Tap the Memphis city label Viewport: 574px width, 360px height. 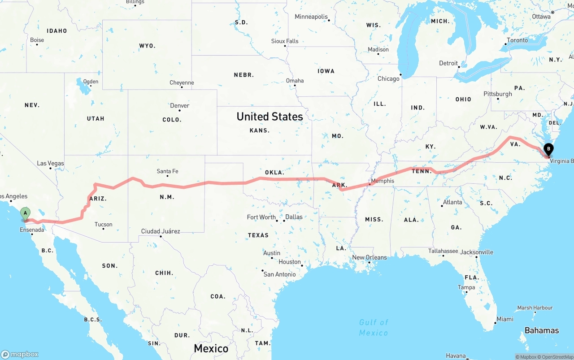click(x=383, y=181)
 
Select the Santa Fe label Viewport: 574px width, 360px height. click(x=167, y=171)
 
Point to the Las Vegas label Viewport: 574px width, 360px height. click(x=50, y=164)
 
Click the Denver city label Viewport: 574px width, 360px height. click(x=179, y=106)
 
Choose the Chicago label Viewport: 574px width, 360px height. click(x=388, y=79)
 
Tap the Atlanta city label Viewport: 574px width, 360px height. click(x=452, y=202)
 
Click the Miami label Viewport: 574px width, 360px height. click(x=504, y=319)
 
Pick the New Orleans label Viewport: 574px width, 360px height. click(x=369, y=257)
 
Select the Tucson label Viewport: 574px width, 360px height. click(x=103, y=225)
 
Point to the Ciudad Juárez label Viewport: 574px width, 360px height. click(x=161, y=231)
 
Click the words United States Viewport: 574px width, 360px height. click(x=270, y=117)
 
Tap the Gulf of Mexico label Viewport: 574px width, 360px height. click(x=374, y=327)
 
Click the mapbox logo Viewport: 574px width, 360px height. click(x=20, y=354)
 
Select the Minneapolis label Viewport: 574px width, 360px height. click(x=311, y=17)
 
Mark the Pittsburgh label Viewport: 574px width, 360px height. click(x=497, y=94)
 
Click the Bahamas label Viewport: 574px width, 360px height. click(x=542, y=330)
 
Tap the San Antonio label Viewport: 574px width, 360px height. click(x=279, y=274)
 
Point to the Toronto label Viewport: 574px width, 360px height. click(x=517, y=40)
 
